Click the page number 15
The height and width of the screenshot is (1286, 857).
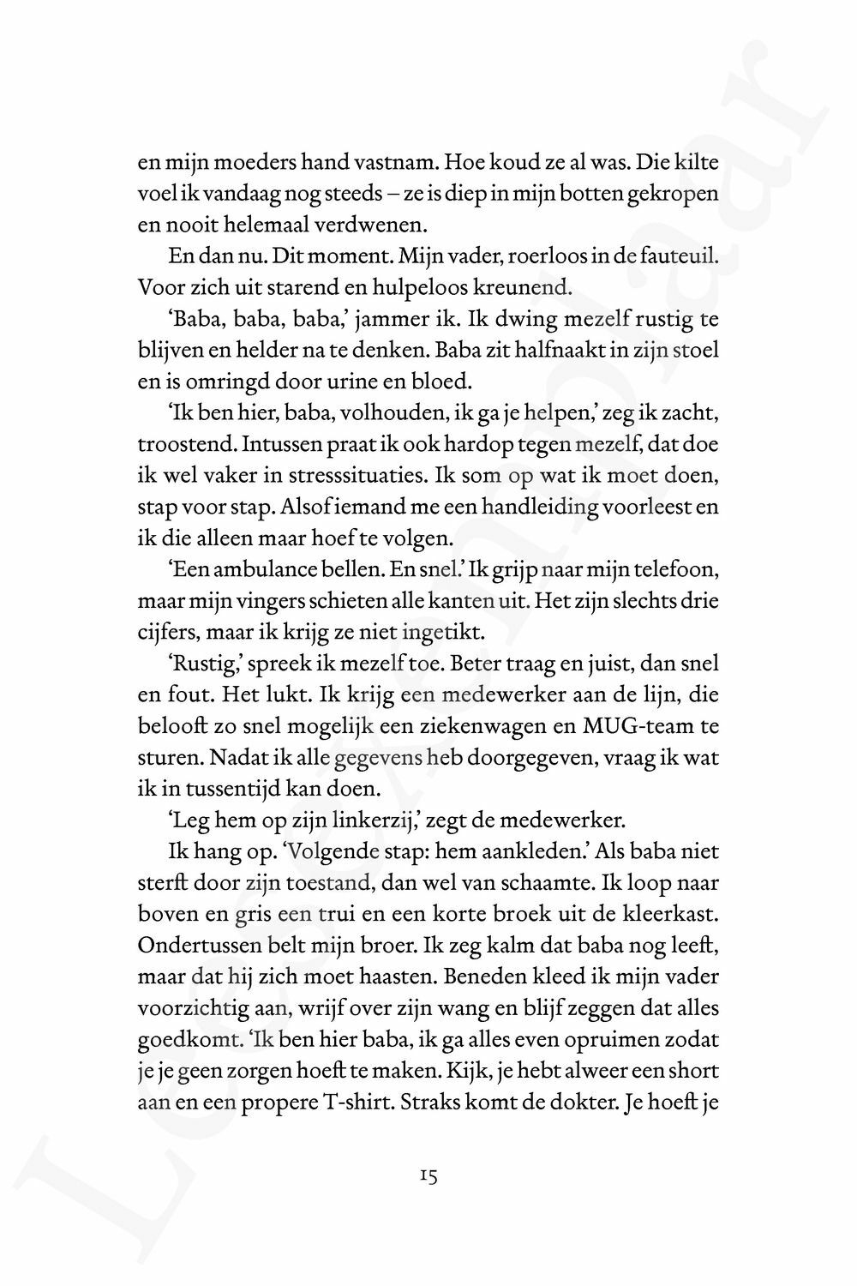point(429,1177)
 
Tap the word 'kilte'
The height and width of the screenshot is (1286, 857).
point(696,163)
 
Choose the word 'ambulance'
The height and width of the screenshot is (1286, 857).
point(242,571)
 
